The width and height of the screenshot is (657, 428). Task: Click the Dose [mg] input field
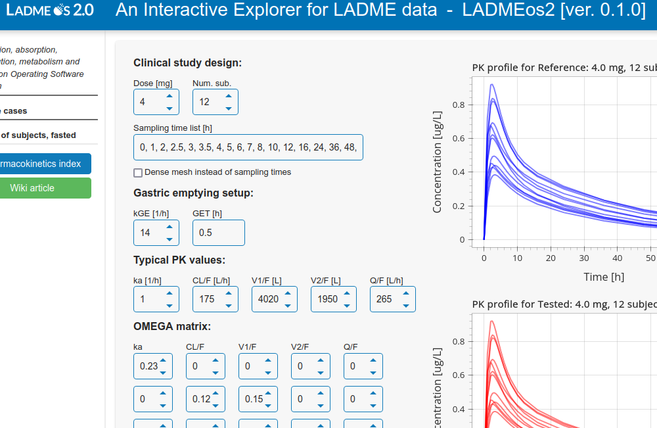click(x=149, y=102)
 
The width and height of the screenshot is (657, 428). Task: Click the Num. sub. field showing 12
click(x=208, y=102)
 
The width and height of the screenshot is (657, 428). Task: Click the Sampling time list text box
click(x=248, y=147)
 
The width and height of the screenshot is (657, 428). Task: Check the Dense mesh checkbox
click(x=138, y=172)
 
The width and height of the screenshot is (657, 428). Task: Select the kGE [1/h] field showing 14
click(x=149, y=233)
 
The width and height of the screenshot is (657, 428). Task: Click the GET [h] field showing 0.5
click(x=218, y=233)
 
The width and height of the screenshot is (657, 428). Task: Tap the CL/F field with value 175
click(x=208, y=299)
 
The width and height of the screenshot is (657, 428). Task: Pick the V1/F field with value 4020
click(x=267, y=299)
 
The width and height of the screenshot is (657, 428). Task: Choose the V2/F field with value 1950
click(x=327, y=299)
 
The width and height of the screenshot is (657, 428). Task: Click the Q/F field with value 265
click(x=386, y=299)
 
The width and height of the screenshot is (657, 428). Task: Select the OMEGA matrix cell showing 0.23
click(x=148, y=366)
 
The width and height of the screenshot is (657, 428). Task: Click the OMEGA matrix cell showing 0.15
click(x=253, y=399)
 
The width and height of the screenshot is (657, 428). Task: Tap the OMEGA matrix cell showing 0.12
click(x=200, y=399)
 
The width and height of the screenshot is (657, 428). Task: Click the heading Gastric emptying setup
click(x=193, y=193)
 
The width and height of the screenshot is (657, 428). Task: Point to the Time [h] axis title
click(x=604, y=277)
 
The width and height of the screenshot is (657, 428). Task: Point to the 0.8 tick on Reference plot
click(x=459, y=105)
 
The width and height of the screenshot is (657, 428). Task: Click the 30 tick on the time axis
click(x=584, y=258)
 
